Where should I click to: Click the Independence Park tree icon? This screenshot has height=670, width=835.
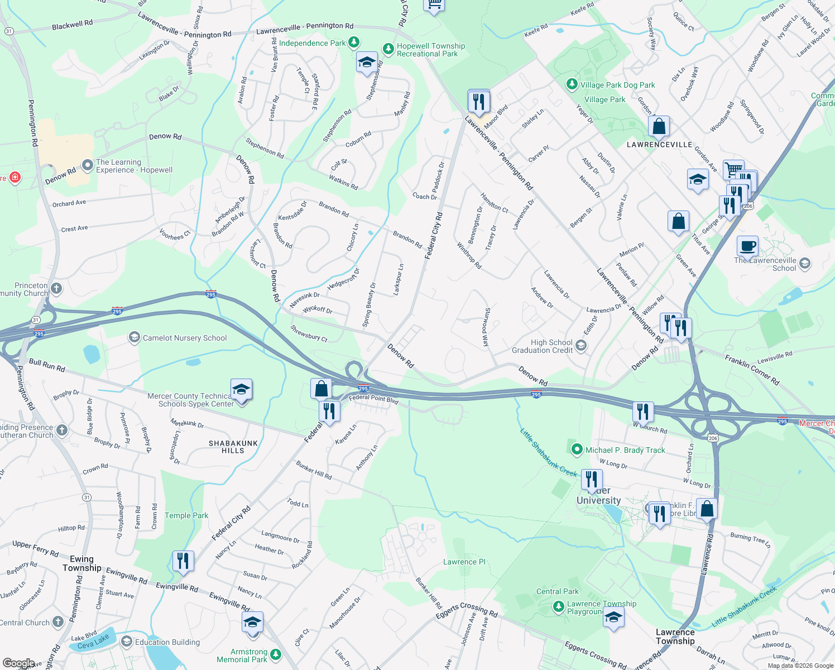(x=353, y=42)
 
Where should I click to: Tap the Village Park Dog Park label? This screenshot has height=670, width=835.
(x=617, y=85)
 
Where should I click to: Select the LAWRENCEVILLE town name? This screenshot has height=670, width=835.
(x=659, y=145)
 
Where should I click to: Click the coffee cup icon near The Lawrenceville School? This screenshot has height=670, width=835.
(x=747, y=246)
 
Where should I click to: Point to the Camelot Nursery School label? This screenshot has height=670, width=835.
(x=184, y=338)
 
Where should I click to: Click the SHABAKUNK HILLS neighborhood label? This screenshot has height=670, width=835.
(x=233, y=447)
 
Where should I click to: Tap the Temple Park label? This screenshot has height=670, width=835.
(x=186, y=515)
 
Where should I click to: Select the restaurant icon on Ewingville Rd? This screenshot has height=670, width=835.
(x=183, y=560)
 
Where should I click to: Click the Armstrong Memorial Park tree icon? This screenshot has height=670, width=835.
(x=276, y=654)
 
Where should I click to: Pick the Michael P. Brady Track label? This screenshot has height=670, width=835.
(x=625, y=450)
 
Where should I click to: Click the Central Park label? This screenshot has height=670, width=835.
(x=557, y=591)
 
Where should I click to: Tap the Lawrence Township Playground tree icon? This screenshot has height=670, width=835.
(x=558, y=607)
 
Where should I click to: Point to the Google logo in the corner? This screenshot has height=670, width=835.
(x=18, y=663)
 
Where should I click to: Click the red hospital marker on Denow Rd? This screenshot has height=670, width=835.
(x=15, y=178)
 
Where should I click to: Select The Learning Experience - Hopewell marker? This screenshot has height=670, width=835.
(x=87, y=165)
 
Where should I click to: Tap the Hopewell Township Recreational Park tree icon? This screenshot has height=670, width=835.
(x=388, y=50)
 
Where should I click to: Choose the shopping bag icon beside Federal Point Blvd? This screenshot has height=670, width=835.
(x=321, y=389)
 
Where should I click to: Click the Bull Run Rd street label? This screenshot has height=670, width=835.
(x=47, y=365)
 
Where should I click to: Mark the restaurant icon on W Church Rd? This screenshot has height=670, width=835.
(x=643, y=411)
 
